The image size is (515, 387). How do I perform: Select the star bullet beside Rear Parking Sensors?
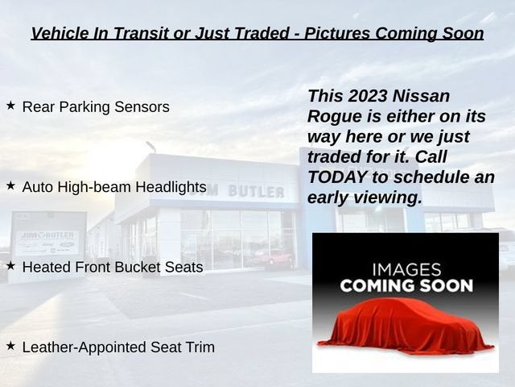point(10,106)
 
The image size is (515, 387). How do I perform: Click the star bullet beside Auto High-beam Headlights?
point(10,185)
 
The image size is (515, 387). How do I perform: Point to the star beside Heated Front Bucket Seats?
point(10,265)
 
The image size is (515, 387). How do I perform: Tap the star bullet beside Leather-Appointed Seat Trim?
point(10,346)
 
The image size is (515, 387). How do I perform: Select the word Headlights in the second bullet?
point(171,187)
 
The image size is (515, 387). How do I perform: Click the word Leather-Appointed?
point(84,347)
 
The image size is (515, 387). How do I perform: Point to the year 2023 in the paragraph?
point(368,96)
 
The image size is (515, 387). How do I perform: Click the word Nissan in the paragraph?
point(421,96)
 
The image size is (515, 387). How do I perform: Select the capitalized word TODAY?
point(337,177)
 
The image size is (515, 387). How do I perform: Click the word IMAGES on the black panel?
point(406,270)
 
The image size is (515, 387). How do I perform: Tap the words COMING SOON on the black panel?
point(406,285)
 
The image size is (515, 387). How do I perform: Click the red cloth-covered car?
point(406,325)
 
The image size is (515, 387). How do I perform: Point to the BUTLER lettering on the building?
point(256,191)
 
